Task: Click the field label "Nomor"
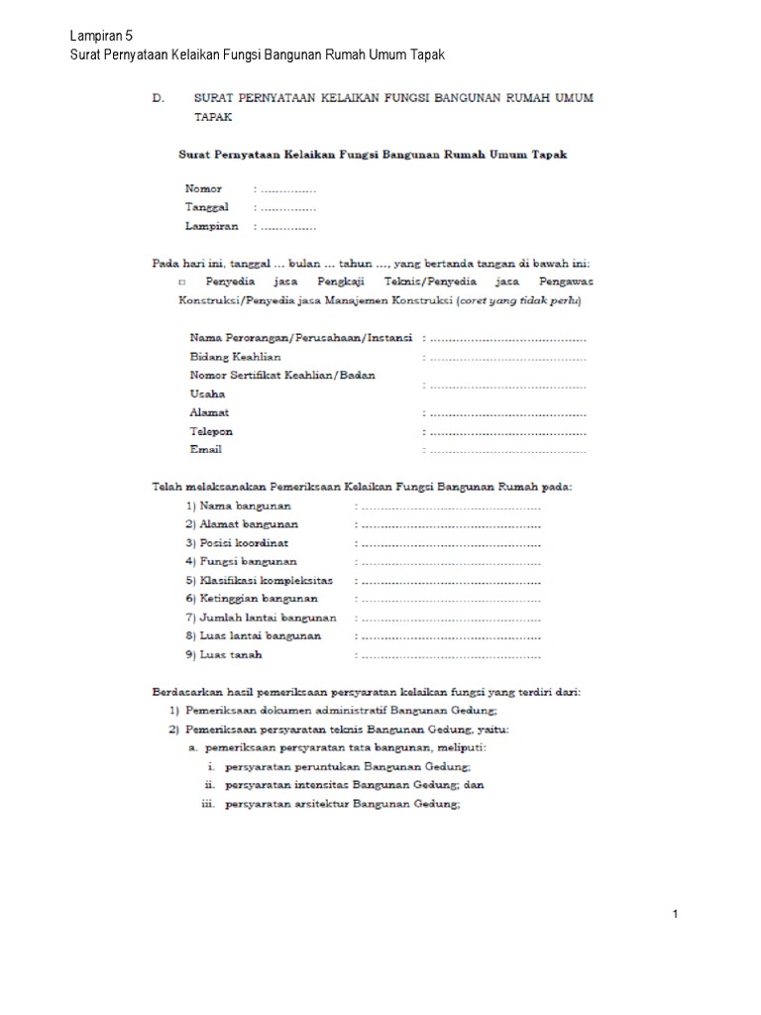[203, 187]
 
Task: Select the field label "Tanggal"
[207, 207]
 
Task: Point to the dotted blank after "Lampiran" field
[287, 226]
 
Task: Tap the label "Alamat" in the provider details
[209, 412]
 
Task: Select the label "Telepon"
[211, 431]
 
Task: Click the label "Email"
[205, 450]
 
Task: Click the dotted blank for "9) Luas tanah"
[450, 655]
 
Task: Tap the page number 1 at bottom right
[675, 914]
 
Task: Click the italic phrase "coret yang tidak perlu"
[519, 300]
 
